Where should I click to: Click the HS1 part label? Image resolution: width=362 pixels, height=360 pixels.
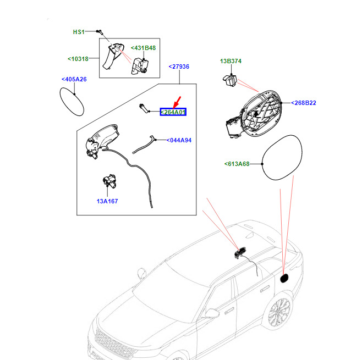coord(79,32)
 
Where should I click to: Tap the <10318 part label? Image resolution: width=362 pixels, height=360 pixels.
coord(80,58)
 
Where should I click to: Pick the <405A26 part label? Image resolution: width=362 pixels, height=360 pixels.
coord(74,79)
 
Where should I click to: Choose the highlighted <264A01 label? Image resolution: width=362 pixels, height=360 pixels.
coord(173,112)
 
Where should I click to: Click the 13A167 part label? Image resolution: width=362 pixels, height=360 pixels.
coord(107,201)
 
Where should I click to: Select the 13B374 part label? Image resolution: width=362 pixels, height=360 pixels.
coord(231,61)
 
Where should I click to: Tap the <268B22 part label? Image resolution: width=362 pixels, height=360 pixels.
coord(304,103)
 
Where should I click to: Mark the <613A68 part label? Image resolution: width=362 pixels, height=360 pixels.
coord(237,163)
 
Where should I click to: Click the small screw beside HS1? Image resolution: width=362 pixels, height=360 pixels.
coord(99,32)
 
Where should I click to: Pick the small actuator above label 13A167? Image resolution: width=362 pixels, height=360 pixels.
coord(108,182)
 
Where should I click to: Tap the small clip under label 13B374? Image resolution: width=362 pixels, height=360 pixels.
coord(229,81)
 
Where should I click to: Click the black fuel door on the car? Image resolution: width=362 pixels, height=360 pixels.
coord(285,278)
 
